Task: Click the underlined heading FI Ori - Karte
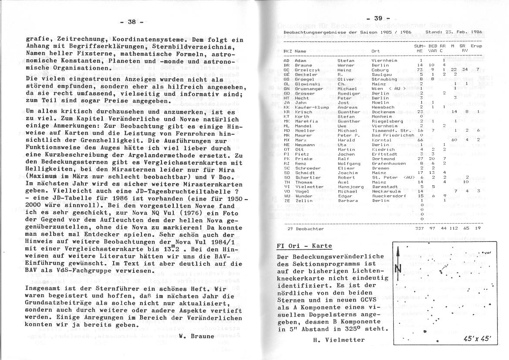point(304,246)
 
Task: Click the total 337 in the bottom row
point(420,228)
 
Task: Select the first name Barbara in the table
point(347,200)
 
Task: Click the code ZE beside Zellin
point(287,200)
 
